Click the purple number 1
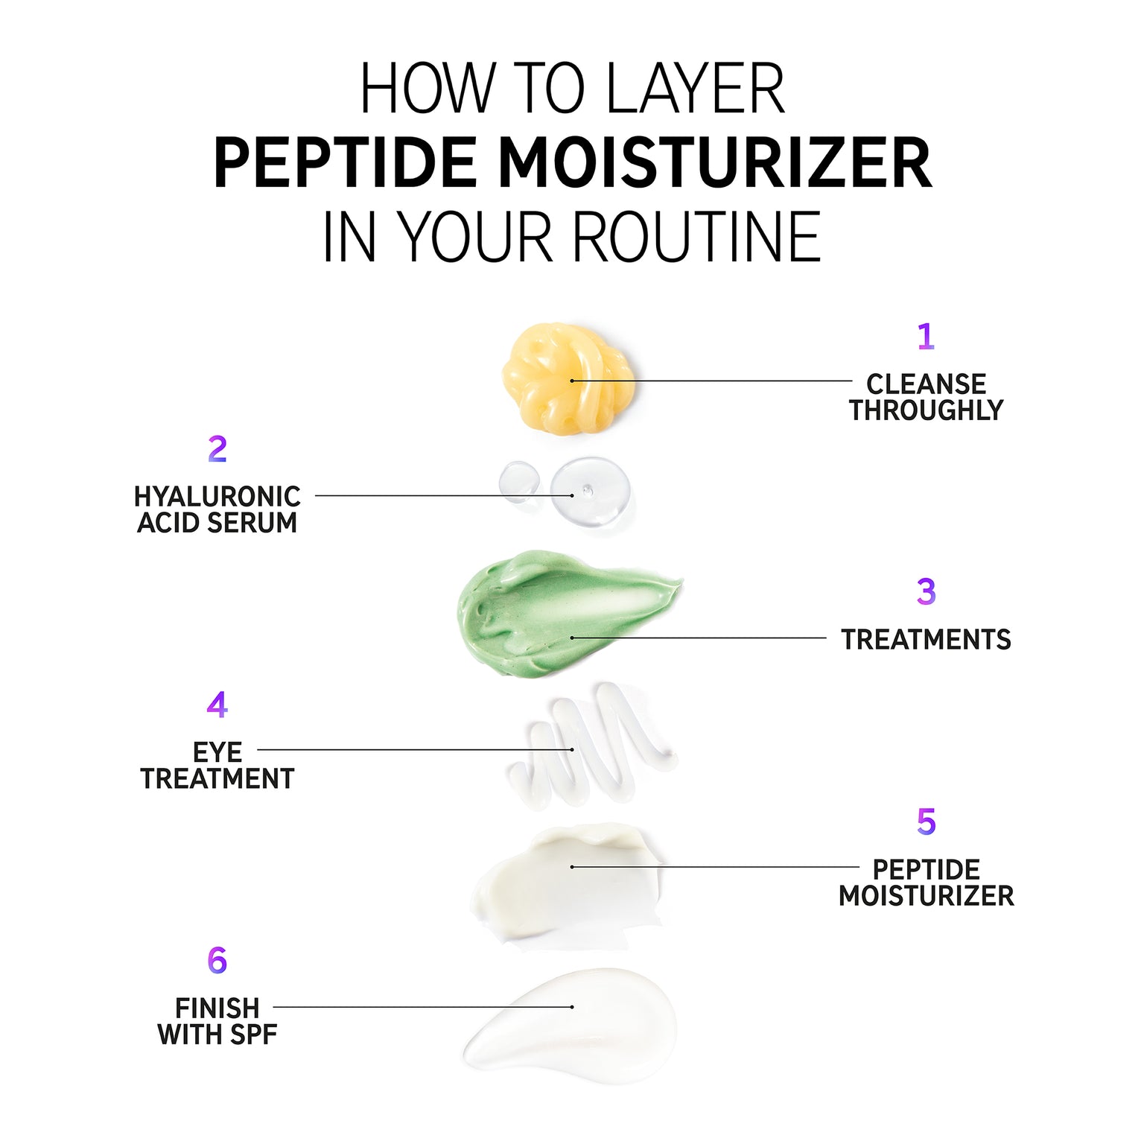coord(926,336)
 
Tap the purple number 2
coord(217,449)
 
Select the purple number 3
coord(926,591)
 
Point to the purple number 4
coord(217,705)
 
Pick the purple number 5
coord(926,822)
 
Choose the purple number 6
coord(217,961)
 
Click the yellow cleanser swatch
coord(569,378)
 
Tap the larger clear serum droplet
coord(590,492)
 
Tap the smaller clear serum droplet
coord(520,481)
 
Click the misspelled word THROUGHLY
coord(927,410)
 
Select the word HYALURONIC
coord(217,497)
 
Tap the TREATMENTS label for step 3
coord(927,640)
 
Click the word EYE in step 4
coord(217,752)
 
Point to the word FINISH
coord(217,1008)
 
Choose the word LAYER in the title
coord(696,89)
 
